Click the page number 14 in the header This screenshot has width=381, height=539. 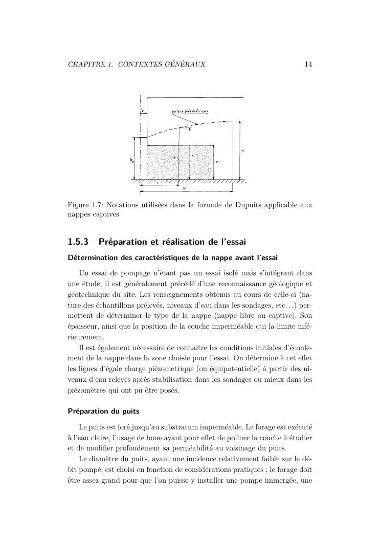click(x=308, y=64)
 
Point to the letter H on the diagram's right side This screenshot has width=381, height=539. click(x=242, y=151)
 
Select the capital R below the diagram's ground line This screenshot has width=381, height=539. click(x=185, y=188)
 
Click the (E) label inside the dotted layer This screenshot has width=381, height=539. click(x=167, y=158)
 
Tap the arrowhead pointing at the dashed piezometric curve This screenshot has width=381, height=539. click(x=196, y=123)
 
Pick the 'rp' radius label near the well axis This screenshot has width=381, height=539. click(x=142, y=110)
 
